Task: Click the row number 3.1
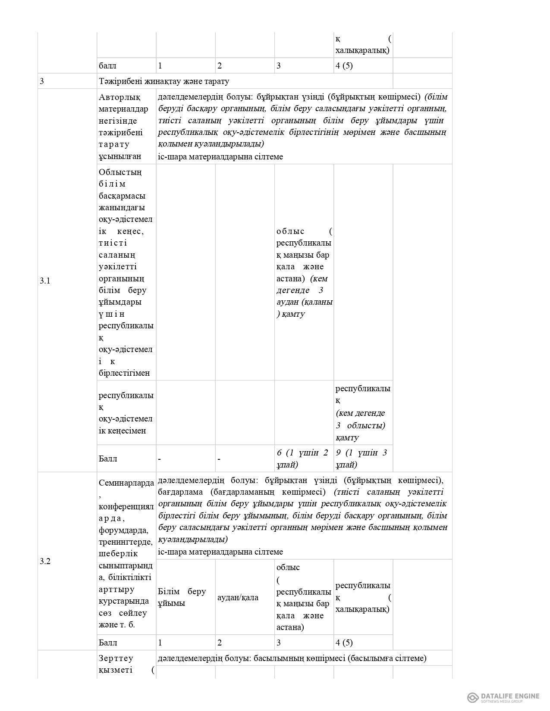[x=45, y=281]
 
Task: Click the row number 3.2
[x=45, y=561]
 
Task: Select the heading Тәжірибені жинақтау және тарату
[x=164, y=81]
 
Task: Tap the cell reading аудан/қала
[x=238, y=597]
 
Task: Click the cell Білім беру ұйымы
[x=182, y=597]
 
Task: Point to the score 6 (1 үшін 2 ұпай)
[x=302, y=458]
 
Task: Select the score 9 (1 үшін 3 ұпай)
[x=361, y=458]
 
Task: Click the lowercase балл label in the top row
[x=107, y=66]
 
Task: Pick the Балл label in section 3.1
[x=108, y=458]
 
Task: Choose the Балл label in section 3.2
[x=108, y=642]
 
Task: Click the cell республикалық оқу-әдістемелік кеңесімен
[x=126, y=413]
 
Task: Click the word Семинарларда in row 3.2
[x=126, y=482]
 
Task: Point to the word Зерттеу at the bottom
[x=116, y=658]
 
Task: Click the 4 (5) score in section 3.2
[x=344, y=642]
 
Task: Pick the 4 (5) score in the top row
[x=344, y=66]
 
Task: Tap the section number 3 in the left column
[x=42, y=81]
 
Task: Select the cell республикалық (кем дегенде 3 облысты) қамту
[x=362, y=413]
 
